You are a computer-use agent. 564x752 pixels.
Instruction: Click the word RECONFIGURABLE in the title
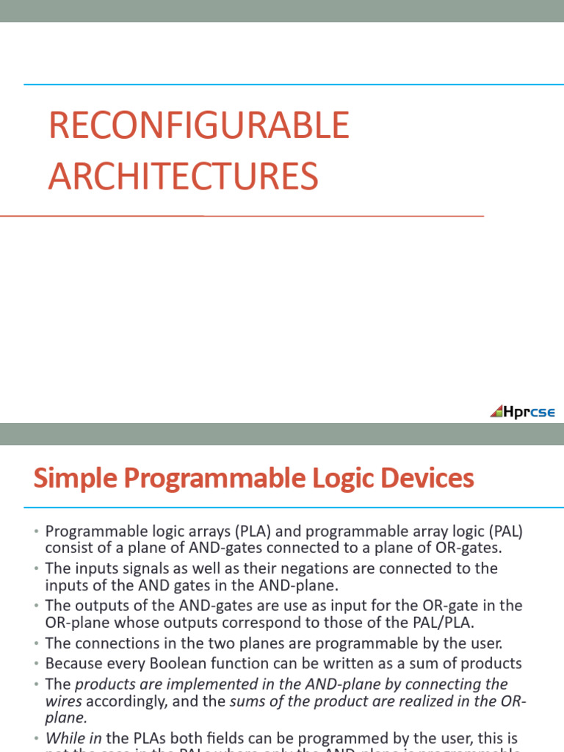point(198,126)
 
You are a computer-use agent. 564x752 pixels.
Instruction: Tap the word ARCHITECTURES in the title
point(184,177)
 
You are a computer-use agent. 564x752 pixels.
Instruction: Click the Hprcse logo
point(523,411)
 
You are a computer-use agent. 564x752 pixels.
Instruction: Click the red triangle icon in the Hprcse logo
point(496,411)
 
